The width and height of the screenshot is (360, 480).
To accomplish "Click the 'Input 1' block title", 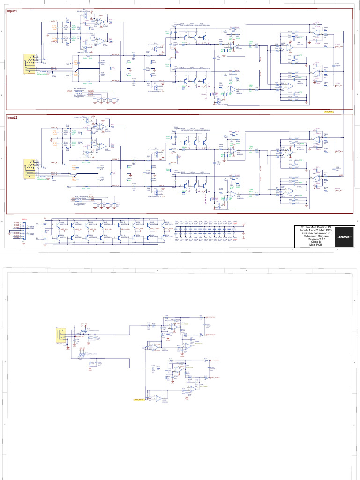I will click(13, 11).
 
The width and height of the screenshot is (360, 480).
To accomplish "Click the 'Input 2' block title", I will click(13, 118).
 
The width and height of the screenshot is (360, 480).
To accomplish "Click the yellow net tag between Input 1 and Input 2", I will click(327, 112).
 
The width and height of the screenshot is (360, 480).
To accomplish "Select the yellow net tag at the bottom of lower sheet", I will click(139, 400).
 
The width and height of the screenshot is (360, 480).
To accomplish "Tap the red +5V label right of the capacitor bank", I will click(243, 224).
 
